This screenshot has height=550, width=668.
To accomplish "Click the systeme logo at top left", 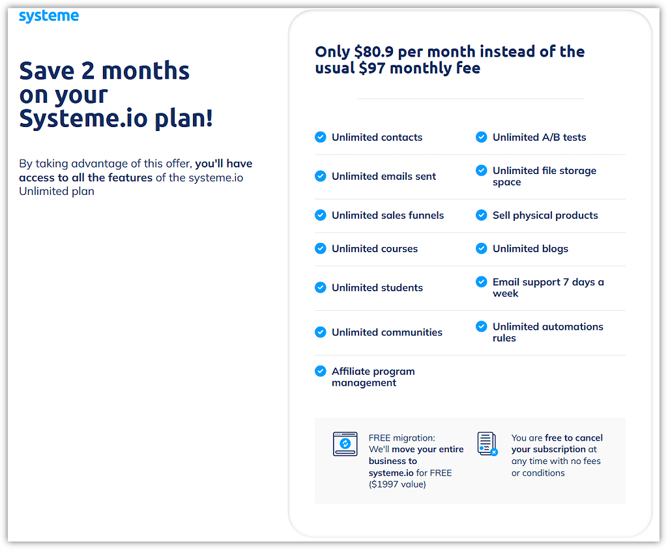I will [49, 16].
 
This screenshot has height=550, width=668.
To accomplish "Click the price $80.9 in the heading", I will [373, 52].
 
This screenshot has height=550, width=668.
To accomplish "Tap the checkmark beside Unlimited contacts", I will [321, 137].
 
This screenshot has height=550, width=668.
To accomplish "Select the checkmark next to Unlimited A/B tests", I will [482, 137].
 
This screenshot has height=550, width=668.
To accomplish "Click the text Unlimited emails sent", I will [384, 177].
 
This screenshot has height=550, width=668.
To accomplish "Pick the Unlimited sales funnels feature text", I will [388, 216].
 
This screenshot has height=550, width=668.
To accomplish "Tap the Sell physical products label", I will [545, 216].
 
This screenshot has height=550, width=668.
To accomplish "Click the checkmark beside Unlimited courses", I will [321, 248].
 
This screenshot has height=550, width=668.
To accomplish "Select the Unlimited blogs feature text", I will [530, 249].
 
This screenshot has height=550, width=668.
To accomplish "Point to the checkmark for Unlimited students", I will [321, 287].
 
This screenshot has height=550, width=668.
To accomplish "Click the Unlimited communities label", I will [387, 332].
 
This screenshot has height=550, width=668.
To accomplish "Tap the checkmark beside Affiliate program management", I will [321, 371].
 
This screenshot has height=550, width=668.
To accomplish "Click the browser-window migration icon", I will [345, 444].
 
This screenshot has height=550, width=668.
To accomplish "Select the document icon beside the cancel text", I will [487, 444].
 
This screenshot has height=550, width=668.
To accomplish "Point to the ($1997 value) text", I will [398, 484].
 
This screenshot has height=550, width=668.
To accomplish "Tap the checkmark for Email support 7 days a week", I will [482, 282].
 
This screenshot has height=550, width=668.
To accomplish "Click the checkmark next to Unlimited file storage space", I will [482, 171].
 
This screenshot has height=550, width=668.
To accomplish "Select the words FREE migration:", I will [401, 438].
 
